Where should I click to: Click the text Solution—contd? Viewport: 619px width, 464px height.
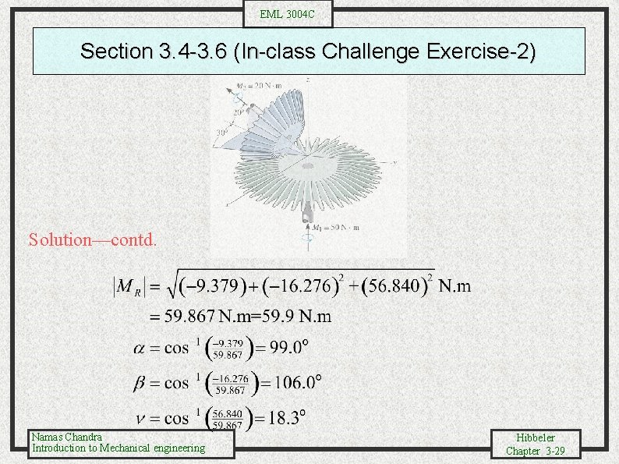pos(93,239)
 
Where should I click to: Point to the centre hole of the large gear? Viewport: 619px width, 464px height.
pos(309,166)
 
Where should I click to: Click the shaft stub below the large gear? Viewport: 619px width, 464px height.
pos(309,210)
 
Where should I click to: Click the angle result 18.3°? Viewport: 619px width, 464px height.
pos(285,417)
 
